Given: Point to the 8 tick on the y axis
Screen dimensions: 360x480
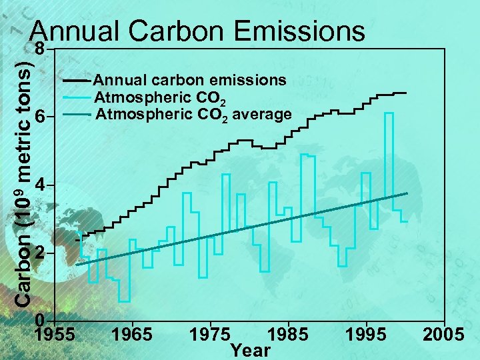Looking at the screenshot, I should click(41, 49).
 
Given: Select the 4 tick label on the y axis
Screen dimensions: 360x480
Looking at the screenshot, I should click(41, 184).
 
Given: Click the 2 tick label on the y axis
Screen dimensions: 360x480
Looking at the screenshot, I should click(41, 254).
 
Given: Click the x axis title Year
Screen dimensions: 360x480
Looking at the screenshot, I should click(250, 350).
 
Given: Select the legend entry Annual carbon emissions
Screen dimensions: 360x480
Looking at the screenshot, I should click(191, 81).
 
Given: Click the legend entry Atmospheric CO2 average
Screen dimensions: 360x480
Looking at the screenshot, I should click(193, 115).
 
